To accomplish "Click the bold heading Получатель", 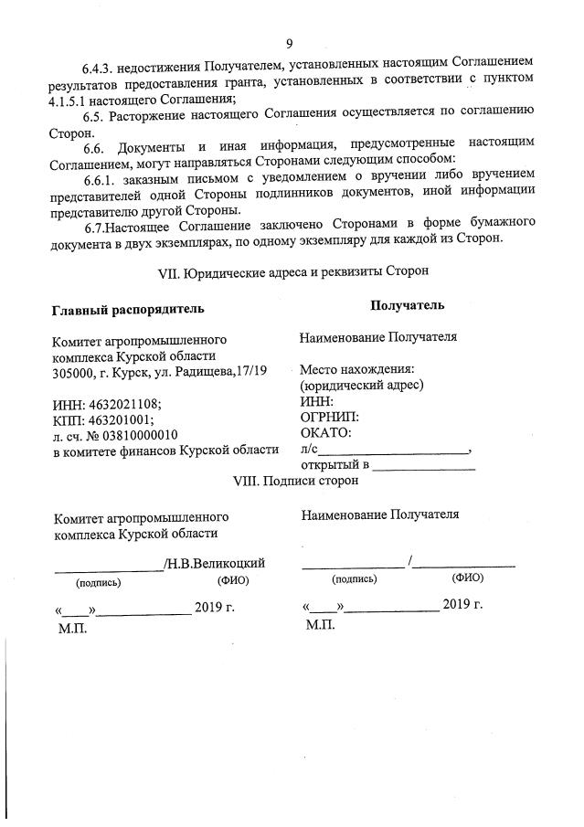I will [x=408, y=305].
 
